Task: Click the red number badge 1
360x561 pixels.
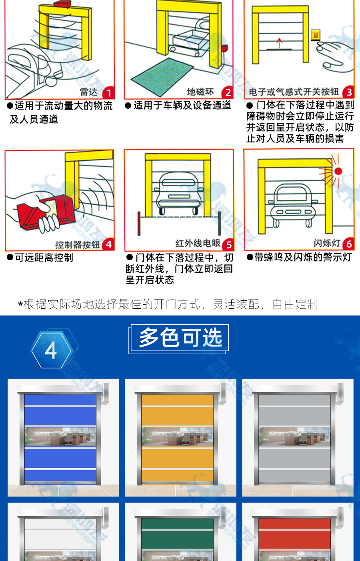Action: click(109, 93)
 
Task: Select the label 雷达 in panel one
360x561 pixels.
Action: click(89, 92)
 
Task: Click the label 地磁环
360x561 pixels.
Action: click(200, 92)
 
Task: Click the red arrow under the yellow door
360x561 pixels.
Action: click(279, 42)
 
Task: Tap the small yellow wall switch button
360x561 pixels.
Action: click(316, 35)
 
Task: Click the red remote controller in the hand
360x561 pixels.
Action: click(46, 212)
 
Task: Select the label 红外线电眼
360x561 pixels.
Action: click(198, 243)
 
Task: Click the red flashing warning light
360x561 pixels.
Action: click(338, 171)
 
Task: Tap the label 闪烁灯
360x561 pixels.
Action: click(327, 243)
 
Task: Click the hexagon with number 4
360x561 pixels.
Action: click(51, 351)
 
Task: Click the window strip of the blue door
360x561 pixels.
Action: click(60, 437)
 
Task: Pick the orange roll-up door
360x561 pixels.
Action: click(177, 439)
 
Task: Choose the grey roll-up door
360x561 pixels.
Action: click(295, 439)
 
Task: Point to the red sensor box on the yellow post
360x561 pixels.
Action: click(224, 48)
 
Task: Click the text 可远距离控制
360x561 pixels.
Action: click(44, 258)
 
